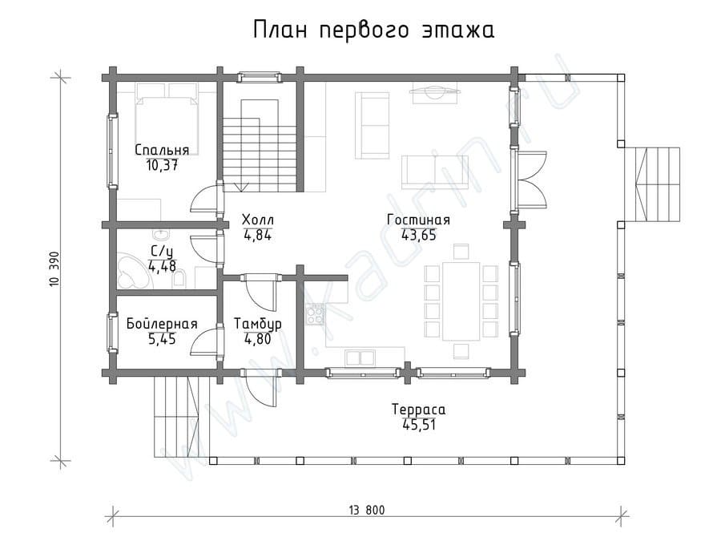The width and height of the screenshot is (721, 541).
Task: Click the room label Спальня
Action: [162, 150]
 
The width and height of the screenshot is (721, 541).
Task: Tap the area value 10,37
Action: [162, 165]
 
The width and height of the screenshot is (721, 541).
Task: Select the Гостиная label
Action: [418, 220]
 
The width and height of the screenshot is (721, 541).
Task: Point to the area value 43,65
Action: [418, 235]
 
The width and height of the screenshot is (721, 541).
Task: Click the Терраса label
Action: [418, 409]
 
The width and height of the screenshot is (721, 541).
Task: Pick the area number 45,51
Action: [419, 425]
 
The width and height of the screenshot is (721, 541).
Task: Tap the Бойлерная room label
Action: [162, 324]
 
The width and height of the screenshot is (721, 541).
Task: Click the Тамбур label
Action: [257, 324]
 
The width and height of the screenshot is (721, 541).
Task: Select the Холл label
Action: [257, 220]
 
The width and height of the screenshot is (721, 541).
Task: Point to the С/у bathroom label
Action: [162, 251]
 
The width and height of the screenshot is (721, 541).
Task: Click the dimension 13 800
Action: [366, 510]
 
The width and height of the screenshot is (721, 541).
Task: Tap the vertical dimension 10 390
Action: [54, 268]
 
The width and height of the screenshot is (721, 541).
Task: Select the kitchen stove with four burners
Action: [316, 315]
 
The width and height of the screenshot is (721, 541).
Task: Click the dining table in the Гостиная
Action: [461, 301]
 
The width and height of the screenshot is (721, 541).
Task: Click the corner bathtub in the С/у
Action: [130, 271]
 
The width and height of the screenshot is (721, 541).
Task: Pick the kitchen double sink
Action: [360, 358]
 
